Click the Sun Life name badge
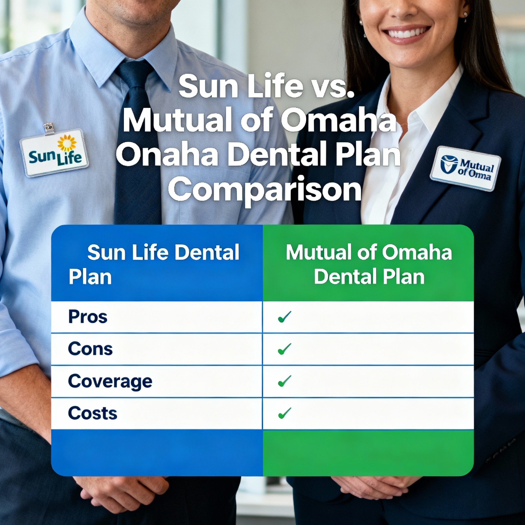click(54, 153)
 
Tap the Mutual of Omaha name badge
click(465, 168)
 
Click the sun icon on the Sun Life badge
click(67, 143)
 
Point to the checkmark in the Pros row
click(285, 317)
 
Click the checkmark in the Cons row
click(285, 349)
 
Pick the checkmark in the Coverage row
click(285, 381)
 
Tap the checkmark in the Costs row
click(285, 413)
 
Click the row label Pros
click(88, 317)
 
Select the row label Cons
click(90, 349)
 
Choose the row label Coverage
click(110, 381)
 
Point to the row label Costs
click(93, 413)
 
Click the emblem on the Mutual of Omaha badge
click(449, 164)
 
